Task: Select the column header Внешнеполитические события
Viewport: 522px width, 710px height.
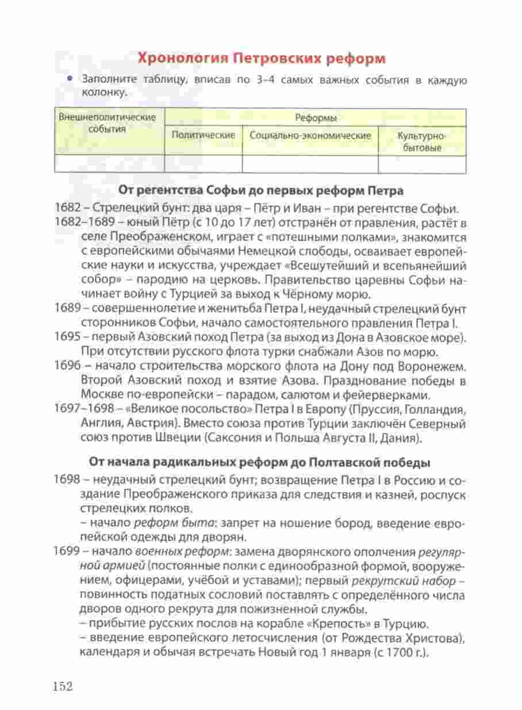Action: [x=108, y=123]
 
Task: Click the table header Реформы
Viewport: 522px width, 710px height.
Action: [x=316, y=117]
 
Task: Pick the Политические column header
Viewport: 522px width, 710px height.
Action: [x=204, y=135]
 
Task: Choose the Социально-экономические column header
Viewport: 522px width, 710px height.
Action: [x=310, y=135]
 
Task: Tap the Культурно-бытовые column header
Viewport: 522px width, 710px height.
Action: [x=422, y=141]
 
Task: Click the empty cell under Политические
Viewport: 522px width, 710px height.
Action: [x=204, y=164]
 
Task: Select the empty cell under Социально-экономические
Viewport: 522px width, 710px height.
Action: [x=310, y=164]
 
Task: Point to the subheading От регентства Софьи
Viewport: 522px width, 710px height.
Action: [x=261, y=190]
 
